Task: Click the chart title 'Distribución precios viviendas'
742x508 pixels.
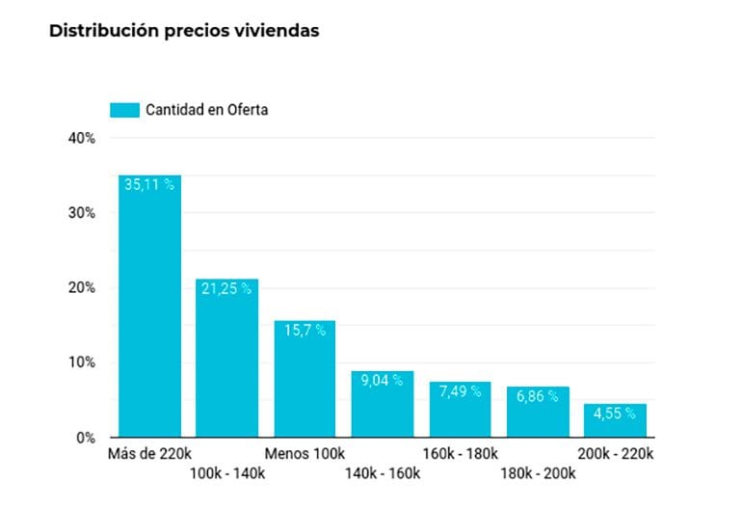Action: click(x=183, y=31)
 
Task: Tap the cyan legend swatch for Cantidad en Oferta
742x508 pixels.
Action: click(x=124, y=110)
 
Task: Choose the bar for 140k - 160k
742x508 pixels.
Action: click(x=382, y=404)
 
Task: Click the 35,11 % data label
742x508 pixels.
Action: click(x=149, y=184)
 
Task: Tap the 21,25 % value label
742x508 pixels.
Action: click(x=226, y=287)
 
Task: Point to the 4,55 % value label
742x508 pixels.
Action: click(x=615, y=413)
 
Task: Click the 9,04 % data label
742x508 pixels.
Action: click(x=382, y=380)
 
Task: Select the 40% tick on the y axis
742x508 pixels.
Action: click(x=82, y=138)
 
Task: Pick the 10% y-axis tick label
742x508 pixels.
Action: click(x=82, y=362)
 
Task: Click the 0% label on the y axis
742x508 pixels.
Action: click(x=86, y=438)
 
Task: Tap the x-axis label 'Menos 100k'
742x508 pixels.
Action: click(x=305, y=453)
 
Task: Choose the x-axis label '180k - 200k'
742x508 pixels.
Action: click(x=538, y=472)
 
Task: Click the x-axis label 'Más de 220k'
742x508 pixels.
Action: click(x=149, y=453)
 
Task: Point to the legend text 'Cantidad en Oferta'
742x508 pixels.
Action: click(x=206, y=110)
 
